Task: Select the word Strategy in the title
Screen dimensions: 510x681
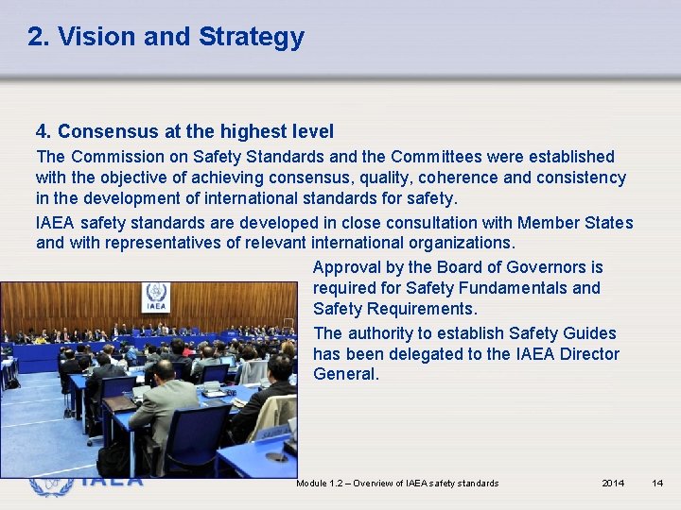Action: pyautogui.click(x=251, y=37)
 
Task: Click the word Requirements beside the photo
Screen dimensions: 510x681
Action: pyautogui.click(x=419, y=309)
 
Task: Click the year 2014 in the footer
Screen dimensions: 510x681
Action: pyautogui.click(x=613, y=484)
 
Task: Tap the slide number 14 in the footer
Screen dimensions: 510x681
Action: pyautogui.click(x=657, y=484)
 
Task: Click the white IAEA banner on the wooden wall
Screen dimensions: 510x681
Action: pyautogui.click(x=155, y=297)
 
